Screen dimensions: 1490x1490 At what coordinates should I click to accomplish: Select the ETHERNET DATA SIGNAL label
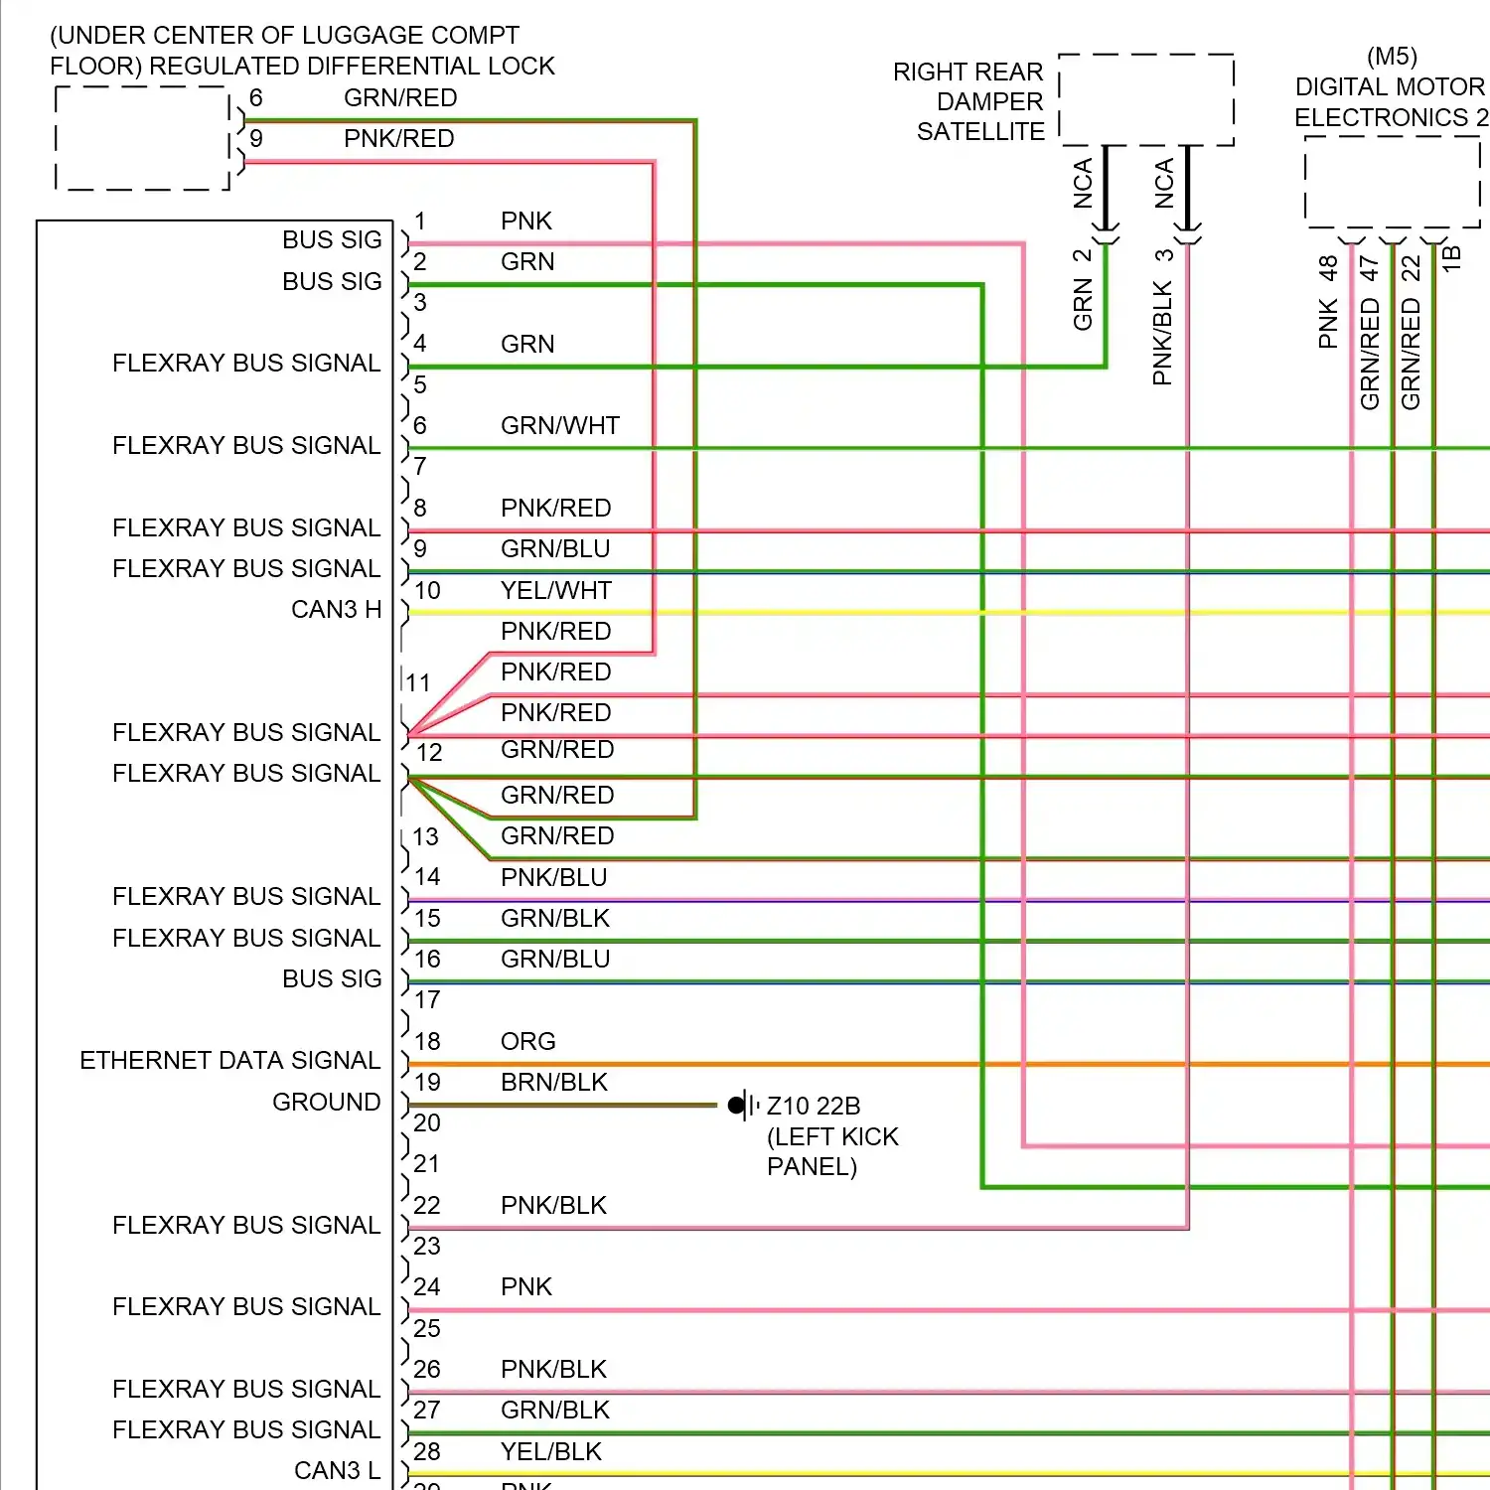tap(230, 1061)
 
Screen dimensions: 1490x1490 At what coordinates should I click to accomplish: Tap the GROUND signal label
tap(327, 1102)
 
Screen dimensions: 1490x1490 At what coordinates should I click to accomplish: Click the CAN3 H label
tap(337, 609)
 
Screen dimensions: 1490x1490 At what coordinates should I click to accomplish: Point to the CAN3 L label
tap(337, 1470)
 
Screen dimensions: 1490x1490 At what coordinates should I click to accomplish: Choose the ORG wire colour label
tap(528, 1041)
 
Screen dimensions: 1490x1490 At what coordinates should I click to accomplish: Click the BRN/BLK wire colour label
tap(554, 1082)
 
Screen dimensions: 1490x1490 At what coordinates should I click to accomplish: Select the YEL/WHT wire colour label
tap(556, 590)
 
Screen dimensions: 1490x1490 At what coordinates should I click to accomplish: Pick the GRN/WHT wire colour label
tap(560, 425)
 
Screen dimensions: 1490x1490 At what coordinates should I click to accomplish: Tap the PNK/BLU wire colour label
tap(554, 877)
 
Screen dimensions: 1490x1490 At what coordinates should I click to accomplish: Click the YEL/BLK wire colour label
tap(551, 1451)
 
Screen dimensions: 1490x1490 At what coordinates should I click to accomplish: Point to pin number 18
tap(427, 1041)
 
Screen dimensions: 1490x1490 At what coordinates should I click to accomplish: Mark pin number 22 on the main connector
tap(427, 1205)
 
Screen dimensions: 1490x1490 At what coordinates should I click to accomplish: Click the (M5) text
tap(1392, 57)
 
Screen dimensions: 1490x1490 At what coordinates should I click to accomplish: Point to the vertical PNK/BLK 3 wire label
tap(1163, 317)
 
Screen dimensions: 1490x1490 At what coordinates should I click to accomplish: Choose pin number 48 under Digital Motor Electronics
tap(1328, 268)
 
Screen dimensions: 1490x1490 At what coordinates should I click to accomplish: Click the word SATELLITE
tap(980, 131)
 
